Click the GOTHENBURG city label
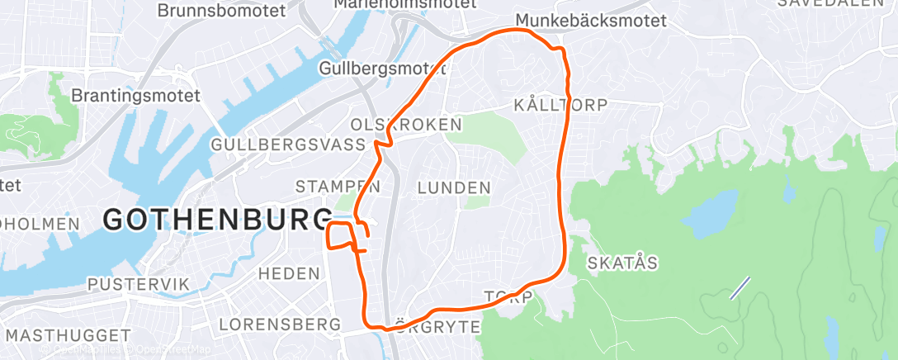click(216, 220)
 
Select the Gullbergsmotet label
click(382, 68)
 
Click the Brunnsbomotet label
click(220, 11)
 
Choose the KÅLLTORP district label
click(560, 105)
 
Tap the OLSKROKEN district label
click(405, 124)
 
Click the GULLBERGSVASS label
click(288, 144)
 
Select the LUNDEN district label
click(454, 188)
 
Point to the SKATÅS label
click(622, 263)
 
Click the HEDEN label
click(289, 272)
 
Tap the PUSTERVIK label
click(139, 284)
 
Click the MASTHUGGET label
click(69, 335)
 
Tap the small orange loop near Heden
click(341, 235)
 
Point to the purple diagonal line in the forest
click(740, 287)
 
